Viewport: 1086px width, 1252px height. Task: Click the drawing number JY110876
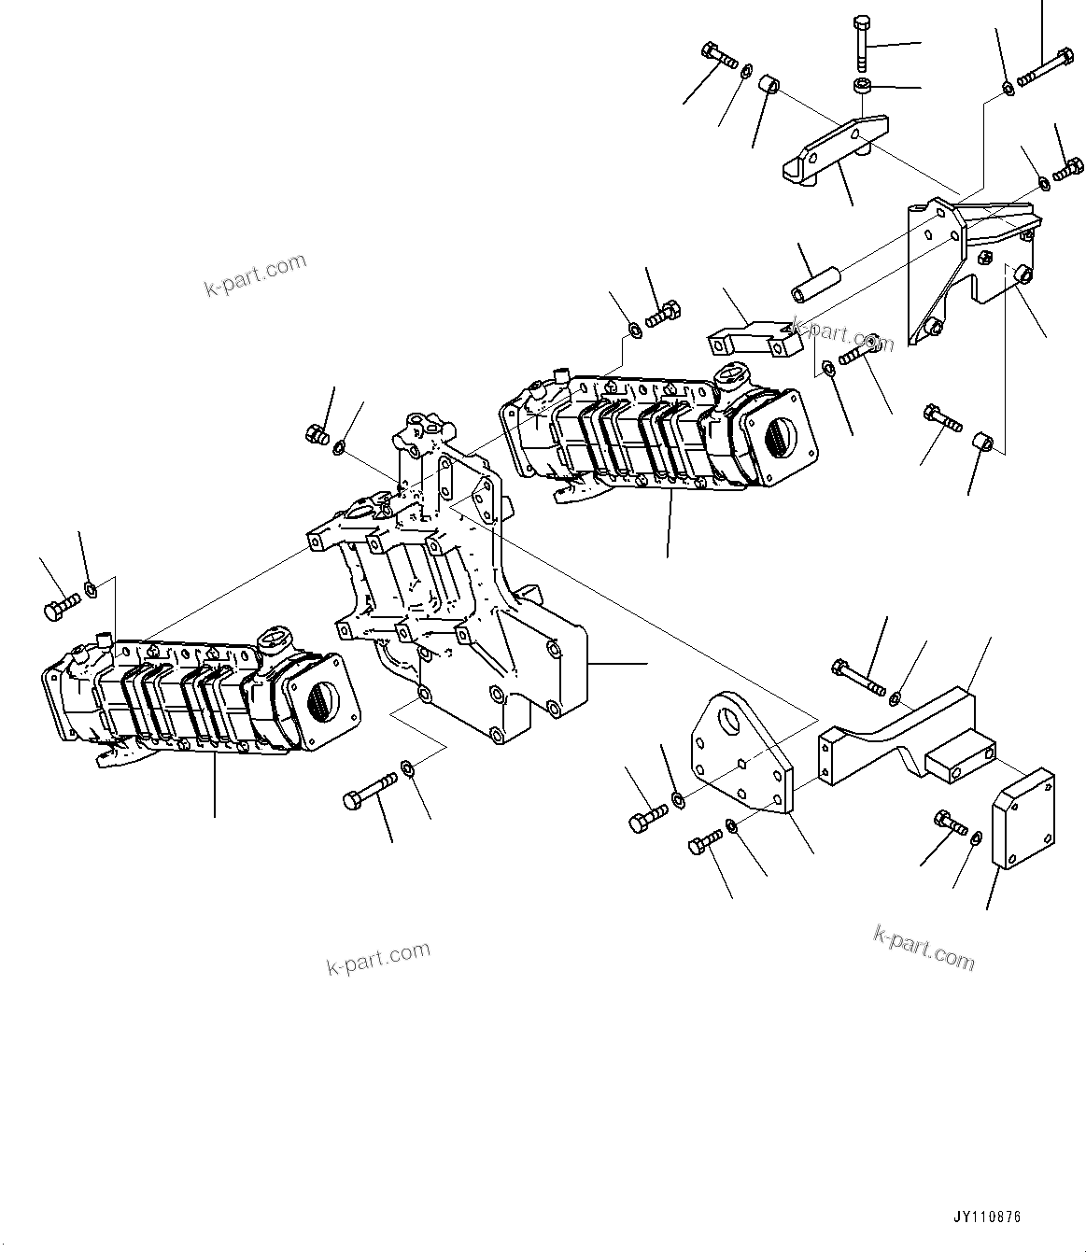click(x=987, y=1217)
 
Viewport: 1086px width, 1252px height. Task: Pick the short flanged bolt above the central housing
click(x=316, y=433)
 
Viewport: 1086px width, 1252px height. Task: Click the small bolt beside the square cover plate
click(x=951, y=823)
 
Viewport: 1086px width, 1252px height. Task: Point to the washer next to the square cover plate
click(x=976, y=837)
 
